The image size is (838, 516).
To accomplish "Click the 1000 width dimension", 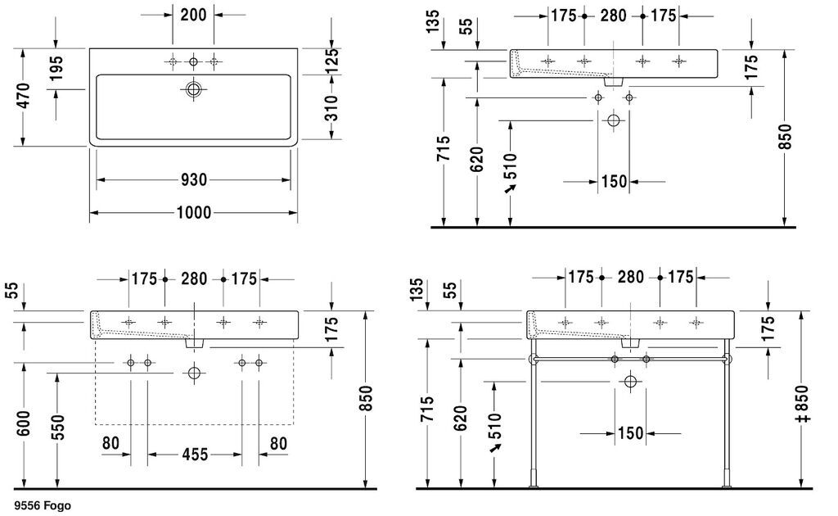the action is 193,213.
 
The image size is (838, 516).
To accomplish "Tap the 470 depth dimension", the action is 25,97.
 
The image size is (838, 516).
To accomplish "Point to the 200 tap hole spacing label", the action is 193,15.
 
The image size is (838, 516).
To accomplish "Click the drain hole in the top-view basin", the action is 193,88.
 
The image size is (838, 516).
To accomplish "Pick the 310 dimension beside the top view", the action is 331,108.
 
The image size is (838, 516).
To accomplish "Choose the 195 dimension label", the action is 56,69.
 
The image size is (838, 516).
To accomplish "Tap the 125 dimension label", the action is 331,61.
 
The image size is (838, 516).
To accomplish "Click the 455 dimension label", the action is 195,455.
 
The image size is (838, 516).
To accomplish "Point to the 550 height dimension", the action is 58,427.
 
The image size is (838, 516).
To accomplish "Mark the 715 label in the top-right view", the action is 444,148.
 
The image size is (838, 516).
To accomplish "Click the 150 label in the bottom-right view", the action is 631,432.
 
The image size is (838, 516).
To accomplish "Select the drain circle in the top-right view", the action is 614,120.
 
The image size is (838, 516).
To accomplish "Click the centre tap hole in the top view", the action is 193,62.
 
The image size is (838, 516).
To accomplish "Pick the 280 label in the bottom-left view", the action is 193,278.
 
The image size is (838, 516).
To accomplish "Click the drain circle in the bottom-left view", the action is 194,372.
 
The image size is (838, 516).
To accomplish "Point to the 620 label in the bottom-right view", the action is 460,419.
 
